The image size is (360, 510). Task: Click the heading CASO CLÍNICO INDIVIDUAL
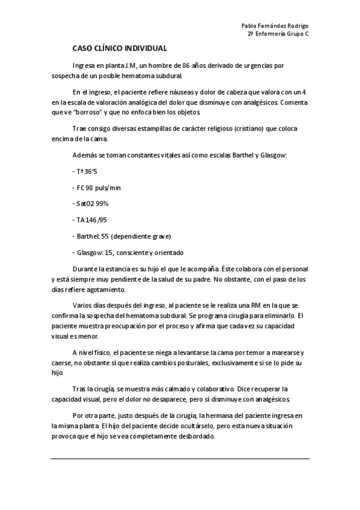coord(120,48)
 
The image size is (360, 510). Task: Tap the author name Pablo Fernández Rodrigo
coord(275,26)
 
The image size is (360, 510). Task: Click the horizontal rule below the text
coord(180,458)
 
